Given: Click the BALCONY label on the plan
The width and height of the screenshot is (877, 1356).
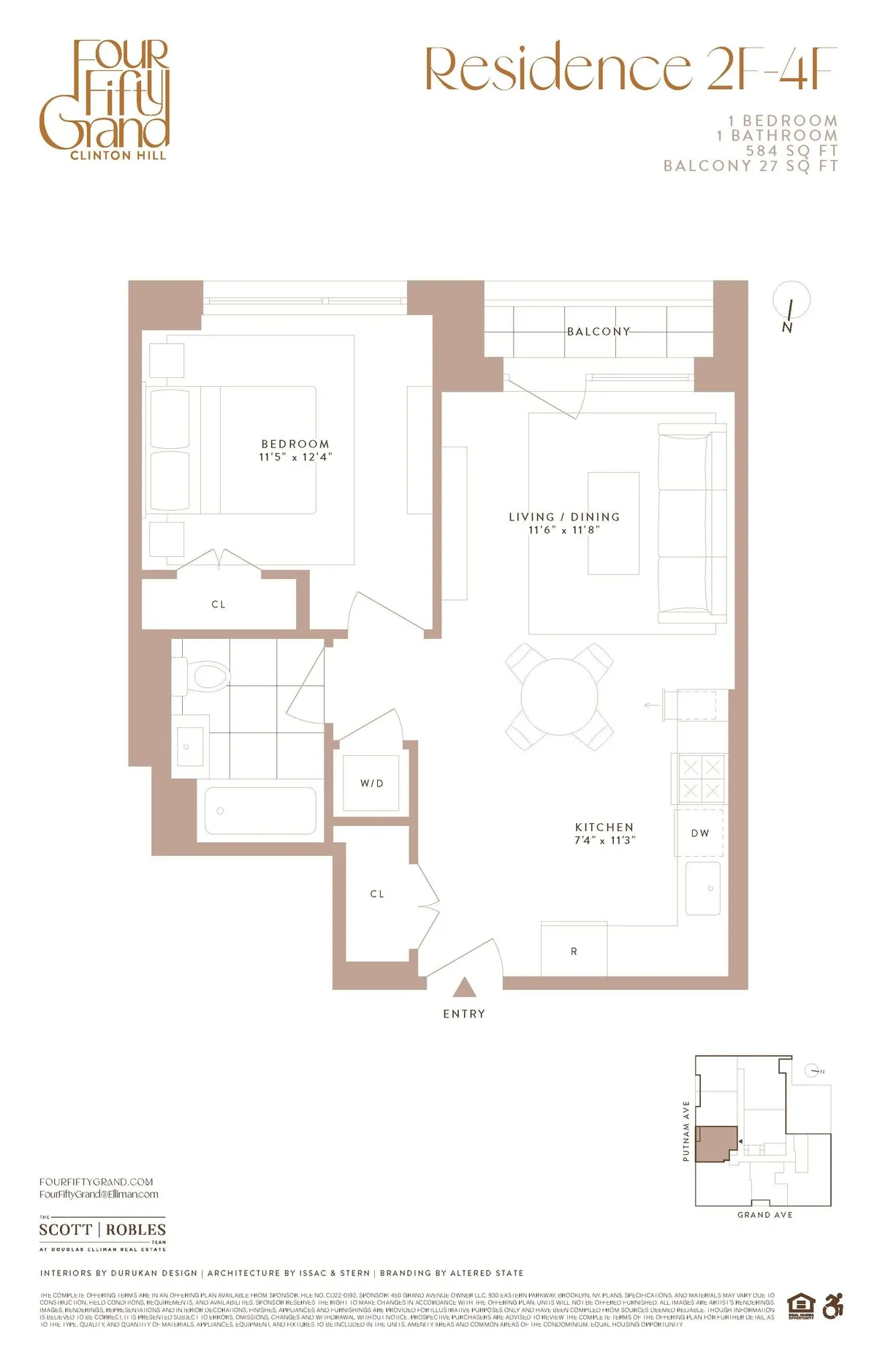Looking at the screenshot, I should coord(599,331).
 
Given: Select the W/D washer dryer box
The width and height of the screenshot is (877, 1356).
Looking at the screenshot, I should coord(371,783).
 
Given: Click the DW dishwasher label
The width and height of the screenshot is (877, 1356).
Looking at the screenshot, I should coord(699,833).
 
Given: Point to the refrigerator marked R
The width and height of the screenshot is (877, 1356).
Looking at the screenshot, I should coord(574,950).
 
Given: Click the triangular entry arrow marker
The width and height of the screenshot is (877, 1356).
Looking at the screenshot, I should coord(464,988).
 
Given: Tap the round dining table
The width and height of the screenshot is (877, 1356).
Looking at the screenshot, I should coord(559,696).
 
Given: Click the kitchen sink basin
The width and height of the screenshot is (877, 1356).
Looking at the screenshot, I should coord(703,888).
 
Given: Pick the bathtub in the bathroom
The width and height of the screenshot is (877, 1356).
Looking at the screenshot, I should coord(260,810).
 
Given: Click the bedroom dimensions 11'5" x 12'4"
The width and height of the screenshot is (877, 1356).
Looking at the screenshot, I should coord(295,457).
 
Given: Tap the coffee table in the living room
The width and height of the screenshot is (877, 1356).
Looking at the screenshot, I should coord(613,523).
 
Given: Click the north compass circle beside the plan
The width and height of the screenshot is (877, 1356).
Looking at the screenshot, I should coord(791,300).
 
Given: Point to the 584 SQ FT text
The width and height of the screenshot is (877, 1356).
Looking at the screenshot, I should coord(791,151).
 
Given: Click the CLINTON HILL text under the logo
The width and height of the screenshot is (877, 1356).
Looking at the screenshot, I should coord(118,156).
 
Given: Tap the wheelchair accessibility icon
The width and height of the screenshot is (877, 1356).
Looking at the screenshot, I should coord(832,1306).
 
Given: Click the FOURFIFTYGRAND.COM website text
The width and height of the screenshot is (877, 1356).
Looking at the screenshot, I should coord(96,1181).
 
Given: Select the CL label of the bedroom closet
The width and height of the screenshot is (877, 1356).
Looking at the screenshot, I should coord(218,605).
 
